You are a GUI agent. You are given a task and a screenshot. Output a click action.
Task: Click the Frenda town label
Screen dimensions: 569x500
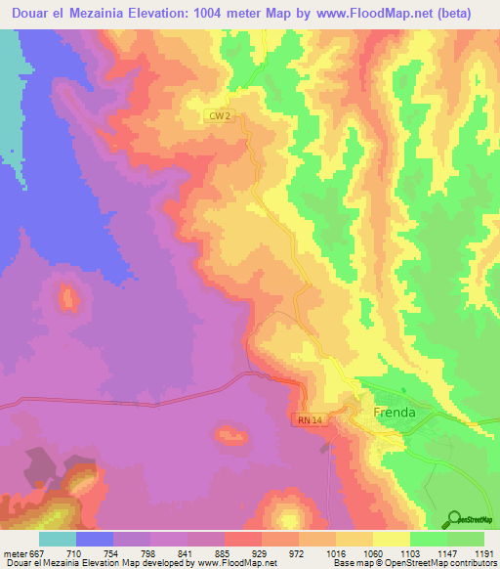[395, 413]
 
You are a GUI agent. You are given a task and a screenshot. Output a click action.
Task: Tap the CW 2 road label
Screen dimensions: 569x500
[221, 115]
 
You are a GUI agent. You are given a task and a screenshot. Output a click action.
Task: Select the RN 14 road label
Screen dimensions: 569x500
[306, 419]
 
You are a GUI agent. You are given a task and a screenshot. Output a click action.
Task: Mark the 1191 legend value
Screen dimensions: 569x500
[485, 552]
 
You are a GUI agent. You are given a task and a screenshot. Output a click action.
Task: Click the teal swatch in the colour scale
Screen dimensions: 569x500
[58, 539]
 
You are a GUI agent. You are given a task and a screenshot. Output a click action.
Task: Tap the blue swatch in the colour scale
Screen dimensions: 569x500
[95, 539]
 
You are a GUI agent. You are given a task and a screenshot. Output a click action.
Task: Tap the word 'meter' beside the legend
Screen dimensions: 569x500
[14, 552]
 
